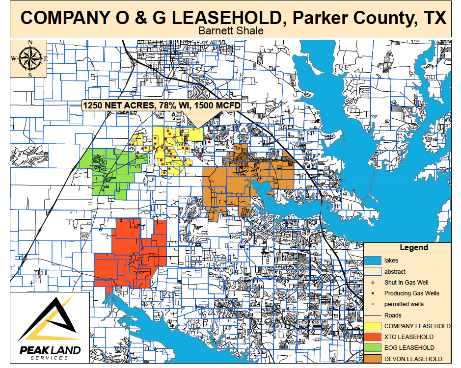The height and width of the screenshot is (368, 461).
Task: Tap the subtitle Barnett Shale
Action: click(x=230, y=30)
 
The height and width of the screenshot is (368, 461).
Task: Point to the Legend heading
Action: click(x=413, y=248)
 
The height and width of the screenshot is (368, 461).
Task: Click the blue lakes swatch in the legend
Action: click(x=372, y=261)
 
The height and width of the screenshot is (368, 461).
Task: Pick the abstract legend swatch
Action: click(x=372, y=271)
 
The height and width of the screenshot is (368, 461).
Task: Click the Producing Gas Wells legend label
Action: click(x=411, y=293)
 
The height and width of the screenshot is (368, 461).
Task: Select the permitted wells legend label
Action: click(x=404, y=304)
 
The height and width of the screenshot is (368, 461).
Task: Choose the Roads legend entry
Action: click(x=393, y=315)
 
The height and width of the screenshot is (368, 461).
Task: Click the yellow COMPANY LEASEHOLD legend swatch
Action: click(x=372, y=326)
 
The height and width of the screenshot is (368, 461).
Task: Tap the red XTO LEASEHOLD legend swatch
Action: click(x=372, y=337)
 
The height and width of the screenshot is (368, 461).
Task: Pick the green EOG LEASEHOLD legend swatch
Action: click(x=372, y=348)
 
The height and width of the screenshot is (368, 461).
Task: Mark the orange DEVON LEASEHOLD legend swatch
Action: click(x=372, y=359)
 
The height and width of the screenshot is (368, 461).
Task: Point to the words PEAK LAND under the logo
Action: click(x=49, y=350)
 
